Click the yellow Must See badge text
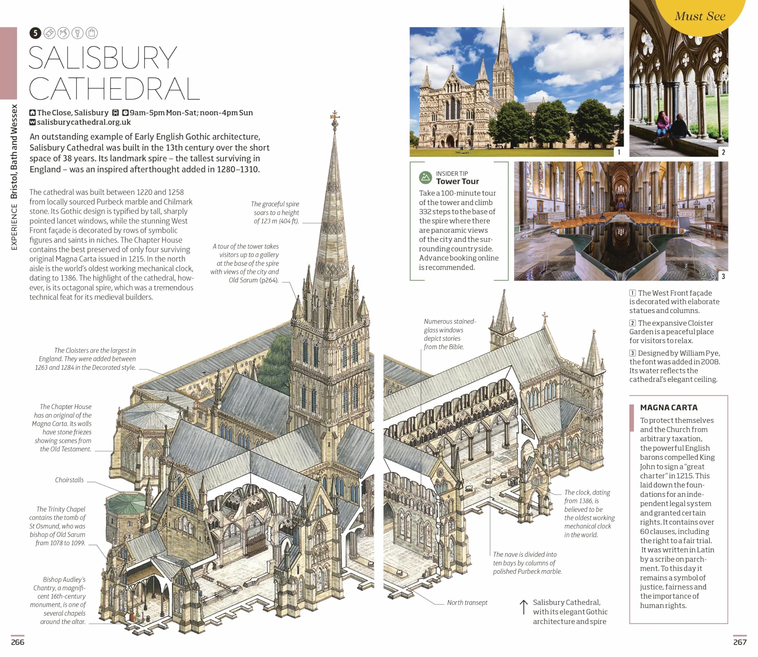(x=700, y=16)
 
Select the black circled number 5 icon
(x=35, y=33)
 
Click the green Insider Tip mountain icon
(x=425, y=177)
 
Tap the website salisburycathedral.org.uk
(x=84, y=122)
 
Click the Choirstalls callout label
(x=69, y=480)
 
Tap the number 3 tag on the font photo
(x=723, y=276)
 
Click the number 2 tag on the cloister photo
(x=723, y=152)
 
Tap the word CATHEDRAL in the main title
(x=114, y=89)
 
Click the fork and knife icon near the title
(x=77, y=33)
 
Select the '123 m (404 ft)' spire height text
(x=276, y=221)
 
